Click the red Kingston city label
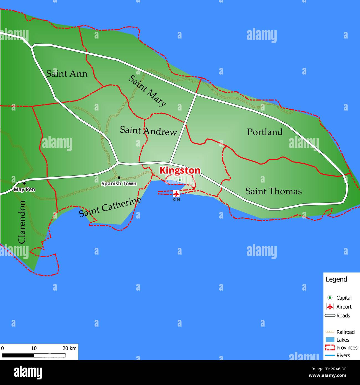pyautogui.click(x=180, y=170)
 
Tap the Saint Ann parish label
pyautogui.click(x=66, y=74)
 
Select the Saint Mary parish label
pyautogui.click(x=147, y=91)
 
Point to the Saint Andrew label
pyautogui.click(x=148, y=131)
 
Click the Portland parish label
pyautogui.click(x=265, y=132)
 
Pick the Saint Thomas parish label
pyautogui.click(x=273, y=191)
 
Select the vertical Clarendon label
pyautogui.click(x=22, y=222)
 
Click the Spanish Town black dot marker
pyautogui.click(x=119, y=178)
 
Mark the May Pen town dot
pyautogui.click(x=24, y=183)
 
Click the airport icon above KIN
pyautogui.click(x=176, y=193)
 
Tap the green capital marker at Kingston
pyautogui.click(x=180, y=180)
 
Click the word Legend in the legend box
pyautogui.click(x=336, y=279)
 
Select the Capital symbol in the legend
pyautogui.click(x=330, y=298)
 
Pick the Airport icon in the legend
pyautogui.click(x=330, y=307)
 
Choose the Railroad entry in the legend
pyautogui.click(x=345, y=332)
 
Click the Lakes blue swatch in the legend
pyautogui.click(x=330, y=340)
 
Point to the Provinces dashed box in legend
pyautogui.click(x=330, y=348)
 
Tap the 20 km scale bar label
pyautogui.click(x=69, y=348)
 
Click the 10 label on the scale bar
pyautogui.click(x=34, y=348)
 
